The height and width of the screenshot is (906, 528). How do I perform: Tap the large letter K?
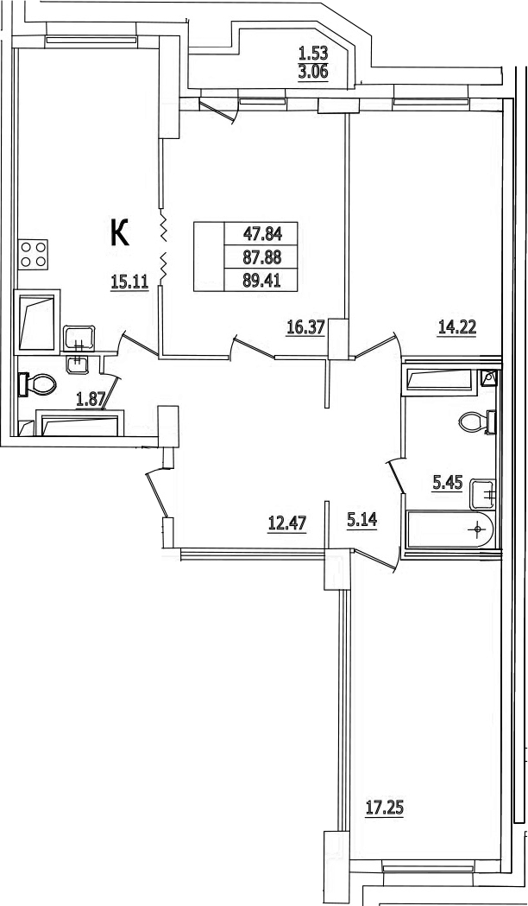[119, 233]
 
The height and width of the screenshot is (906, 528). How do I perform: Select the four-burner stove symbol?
[33, 254]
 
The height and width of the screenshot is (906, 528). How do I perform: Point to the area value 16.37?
[305, 328]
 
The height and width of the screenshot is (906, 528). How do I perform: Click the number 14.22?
[456, 328]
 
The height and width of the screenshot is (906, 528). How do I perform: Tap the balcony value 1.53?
[313, 54]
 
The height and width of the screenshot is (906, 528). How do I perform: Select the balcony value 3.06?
[313, 73]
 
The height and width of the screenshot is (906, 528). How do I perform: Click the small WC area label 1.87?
[91, 399]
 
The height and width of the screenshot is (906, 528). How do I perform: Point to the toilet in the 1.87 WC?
[37, 384]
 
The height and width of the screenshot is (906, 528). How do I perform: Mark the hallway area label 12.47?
[286, 523]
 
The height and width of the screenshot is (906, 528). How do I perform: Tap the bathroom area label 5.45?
[448, 482]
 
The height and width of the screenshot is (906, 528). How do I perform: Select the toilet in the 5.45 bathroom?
[477, 421]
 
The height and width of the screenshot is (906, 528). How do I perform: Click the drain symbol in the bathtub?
[477, 529]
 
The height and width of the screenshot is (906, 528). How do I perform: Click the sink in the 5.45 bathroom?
[483, 494]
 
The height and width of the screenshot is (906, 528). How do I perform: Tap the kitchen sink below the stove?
[79, 338]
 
